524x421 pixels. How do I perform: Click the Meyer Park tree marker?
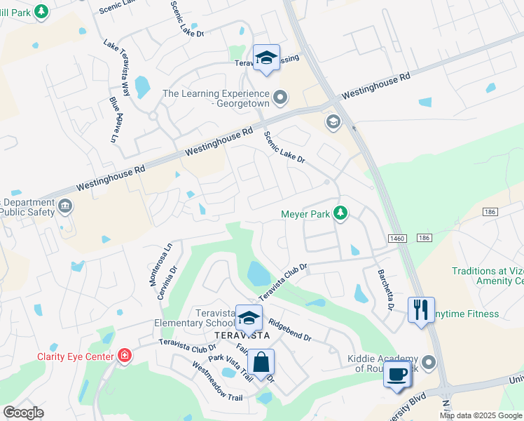coord(340,213)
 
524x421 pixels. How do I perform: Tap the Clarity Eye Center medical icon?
coord(125,356)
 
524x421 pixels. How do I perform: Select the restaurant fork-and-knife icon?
coord(420,309)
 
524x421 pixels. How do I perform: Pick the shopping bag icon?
coord(261,363)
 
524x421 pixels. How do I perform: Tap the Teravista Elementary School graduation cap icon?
coord(248,318)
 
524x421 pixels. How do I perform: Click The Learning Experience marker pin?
coord(280,97)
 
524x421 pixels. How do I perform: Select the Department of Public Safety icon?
coord(65,206)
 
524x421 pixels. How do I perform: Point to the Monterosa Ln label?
coord(156,264)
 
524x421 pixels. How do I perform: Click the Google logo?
coord(23,413)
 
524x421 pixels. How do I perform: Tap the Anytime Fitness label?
coord(468,314)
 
